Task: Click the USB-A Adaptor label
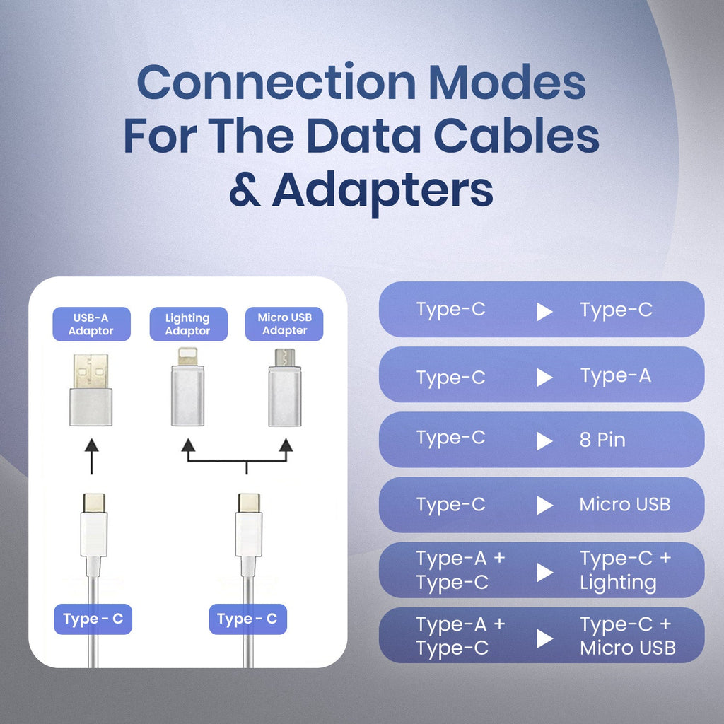click(91, 325)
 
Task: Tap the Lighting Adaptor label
click(187, 325)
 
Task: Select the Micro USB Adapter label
click(285, 325)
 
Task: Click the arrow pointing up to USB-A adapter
click(91, 455)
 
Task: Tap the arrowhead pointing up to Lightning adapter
click(187, 445)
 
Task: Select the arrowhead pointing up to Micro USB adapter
click(286, 445)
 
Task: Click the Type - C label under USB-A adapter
click(93, 620)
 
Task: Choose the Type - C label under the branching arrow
click(247, 620)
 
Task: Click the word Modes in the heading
click(507, 83)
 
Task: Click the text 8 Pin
click(602, 440)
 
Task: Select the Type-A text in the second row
click(616, 376)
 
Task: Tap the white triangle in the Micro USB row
click(544, 506)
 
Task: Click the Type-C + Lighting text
click(625, 571)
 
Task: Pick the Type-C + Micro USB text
click(627, 636)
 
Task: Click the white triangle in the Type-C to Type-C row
click(544, 311)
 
